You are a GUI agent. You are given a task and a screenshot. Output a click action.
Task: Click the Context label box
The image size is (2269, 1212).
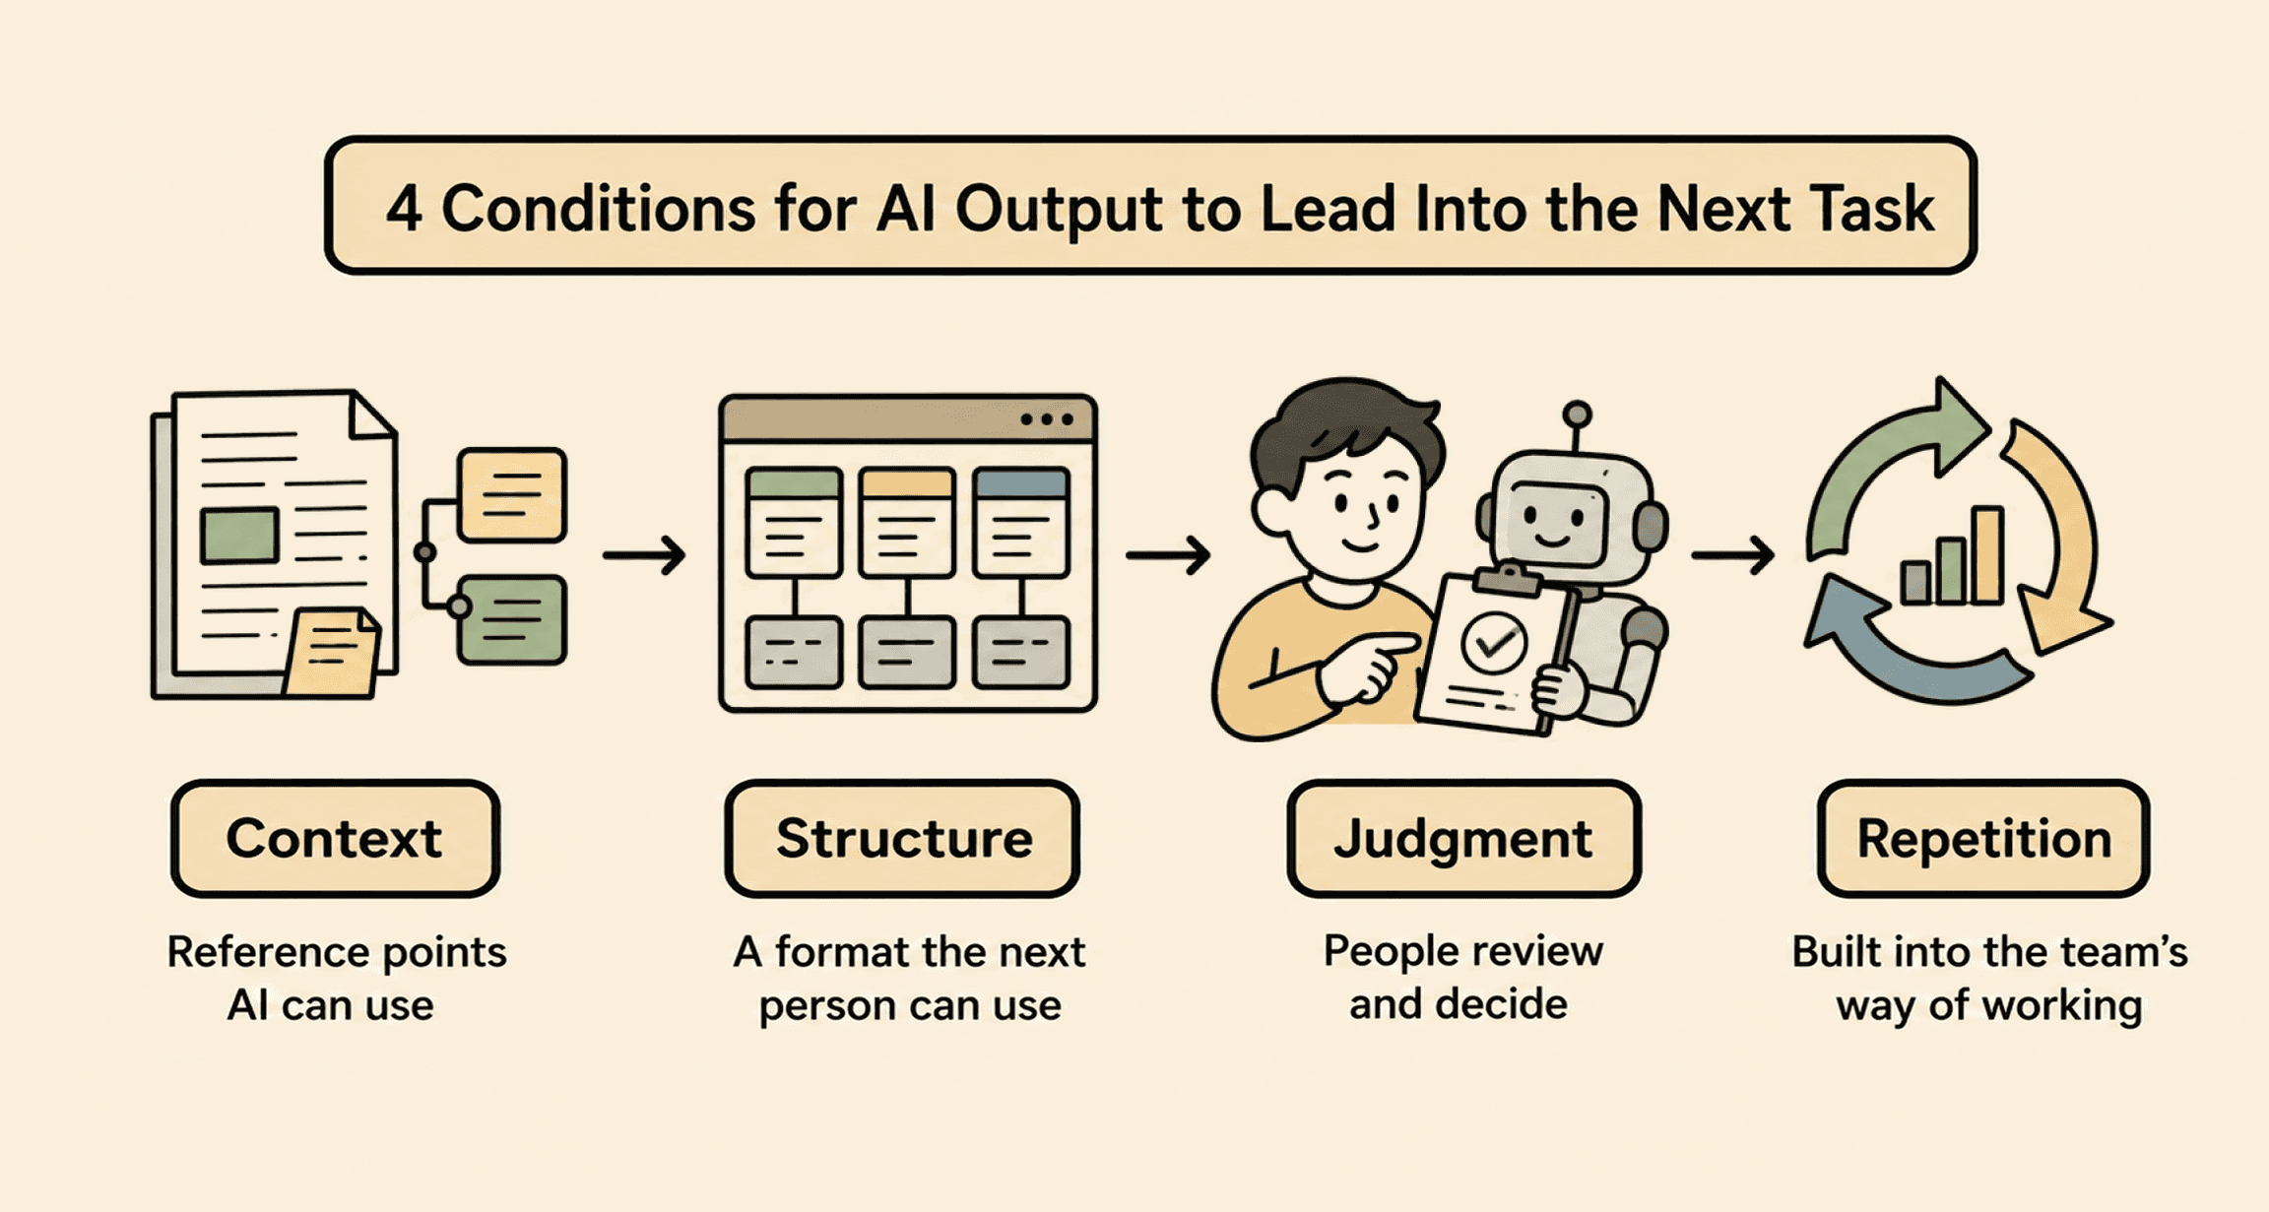point(335,839)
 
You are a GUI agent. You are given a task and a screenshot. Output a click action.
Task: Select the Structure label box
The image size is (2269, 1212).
point(902,839)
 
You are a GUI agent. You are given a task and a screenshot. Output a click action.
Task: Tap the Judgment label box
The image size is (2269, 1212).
point(1463,839)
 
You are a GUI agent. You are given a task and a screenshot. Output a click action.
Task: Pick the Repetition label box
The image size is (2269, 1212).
point(1983,839)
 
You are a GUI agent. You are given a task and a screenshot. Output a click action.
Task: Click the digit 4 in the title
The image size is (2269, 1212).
point(404,210)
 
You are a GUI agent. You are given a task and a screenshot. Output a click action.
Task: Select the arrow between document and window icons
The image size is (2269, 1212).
point(644,555)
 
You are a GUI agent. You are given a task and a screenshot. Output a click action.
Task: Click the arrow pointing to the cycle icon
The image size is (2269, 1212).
point(1733,555)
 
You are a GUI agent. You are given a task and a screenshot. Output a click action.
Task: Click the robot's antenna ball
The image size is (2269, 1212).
point(1577,414)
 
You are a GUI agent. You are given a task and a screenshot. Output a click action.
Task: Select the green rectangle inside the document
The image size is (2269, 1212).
point(239,536)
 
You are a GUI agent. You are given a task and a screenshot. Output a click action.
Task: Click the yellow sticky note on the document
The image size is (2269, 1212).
point(332,651)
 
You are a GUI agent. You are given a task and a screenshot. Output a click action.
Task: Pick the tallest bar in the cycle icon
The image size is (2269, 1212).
point(1987,554)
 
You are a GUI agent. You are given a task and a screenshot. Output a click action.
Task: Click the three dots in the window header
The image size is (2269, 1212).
point(1047,419)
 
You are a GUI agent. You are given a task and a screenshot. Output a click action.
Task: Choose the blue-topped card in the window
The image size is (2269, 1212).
point(1020,522)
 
